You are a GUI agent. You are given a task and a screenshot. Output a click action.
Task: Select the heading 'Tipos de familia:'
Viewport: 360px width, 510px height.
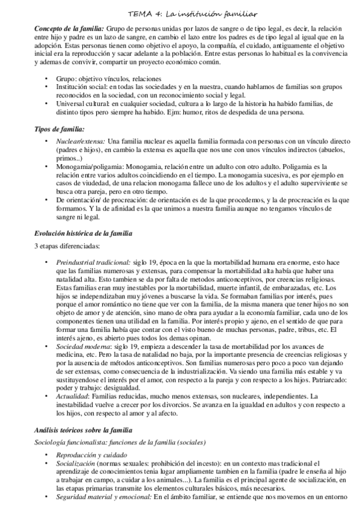(x=59, y=129)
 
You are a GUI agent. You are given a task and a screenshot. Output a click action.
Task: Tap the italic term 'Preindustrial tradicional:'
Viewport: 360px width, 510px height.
(x=93, y=263)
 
